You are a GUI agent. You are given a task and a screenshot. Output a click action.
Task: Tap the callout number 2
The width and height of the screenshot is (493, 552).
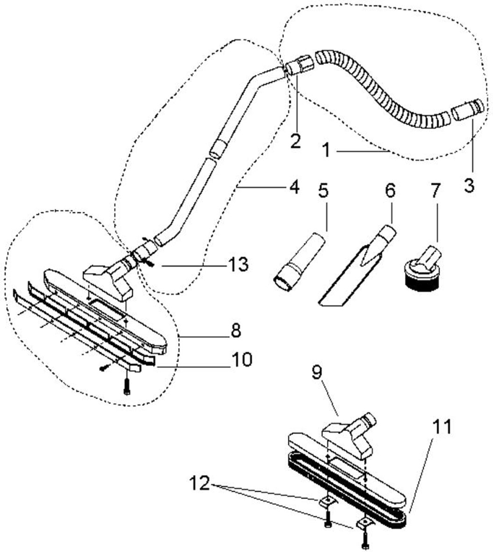pos(295,141)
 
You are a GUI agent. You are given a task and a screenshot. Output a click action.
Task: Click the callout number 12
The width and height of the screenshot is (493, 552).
pos(202,484)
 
